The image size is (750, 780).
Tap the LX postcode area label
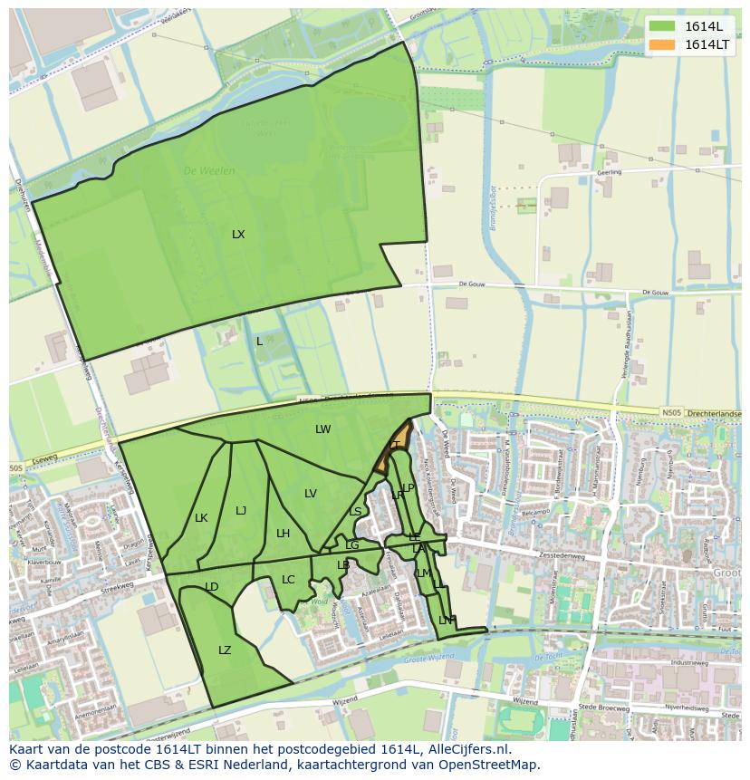(238, 235)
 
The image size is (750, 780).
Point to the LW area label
(323, 429)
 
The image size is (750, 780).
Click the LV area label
(311, 494)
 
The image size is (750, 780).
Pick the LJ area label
(241, 511)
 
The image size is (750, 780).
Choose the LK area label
(201, 518)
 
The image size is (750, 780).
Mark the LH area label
(283, 534)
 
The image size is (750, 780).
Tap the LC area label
(288, 580)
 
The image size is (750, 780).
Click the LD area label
(212, 587)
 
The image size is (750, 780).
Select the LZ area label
(225, 650)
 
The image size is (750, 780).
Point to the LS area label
(355, 512)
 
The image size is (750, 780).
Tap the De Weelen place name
(209, 170)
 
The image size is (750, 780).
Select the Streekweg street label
(117, 588)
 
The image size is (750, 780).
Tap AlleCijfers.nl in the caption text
(467, 749)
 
